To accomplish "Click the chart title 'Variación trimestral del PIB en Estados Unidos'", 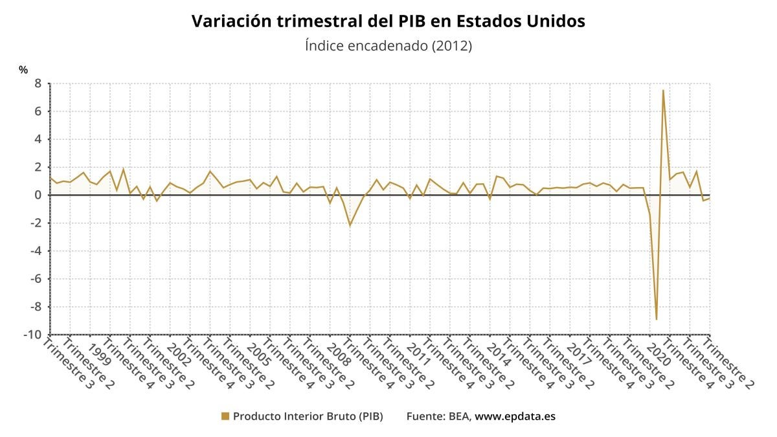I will pos(388,21).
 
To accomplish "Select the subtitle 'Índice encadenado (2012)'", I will pos(388,46).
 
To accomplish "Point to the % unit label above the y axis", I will pos(23,69).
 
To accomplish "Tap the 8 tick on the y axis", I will pos(38,84).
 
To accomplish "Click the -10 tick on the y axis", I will pos(34,335).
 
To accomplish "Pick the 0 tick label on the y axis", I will pos(38,195).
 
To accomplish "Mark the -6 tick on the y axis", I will pos(36,279).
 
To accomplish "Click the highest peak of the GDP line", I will pos(663,90).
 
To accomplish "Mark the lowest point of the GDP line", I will pos(657,319).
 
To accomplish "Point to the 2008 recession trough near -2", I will pos(350,225).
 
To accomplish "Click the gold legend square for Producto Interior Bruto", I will pos(225,416).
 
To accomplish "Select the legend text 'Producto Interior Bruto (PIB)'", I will pos(308,416).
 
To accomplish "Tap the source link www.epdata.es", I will pos(515,416).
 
